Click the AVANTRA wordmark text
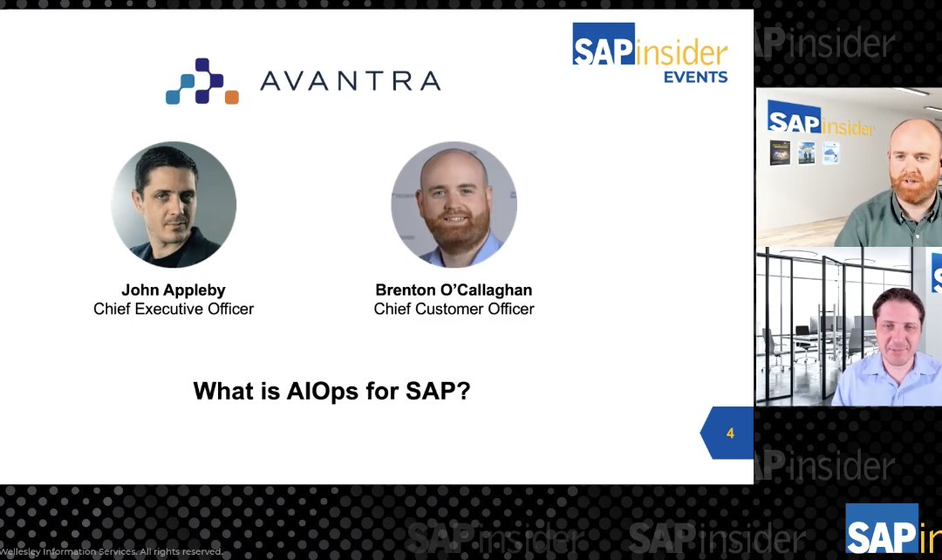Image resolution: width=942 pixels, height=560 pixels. point(350,81)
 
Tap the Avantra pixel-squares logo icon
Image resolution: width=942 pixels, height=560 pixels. point(201,81)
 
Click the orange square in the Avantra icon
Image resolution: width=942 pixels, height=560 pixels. point(231,97)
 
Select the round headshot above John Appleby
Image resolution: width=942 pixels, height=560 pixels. point(174,204)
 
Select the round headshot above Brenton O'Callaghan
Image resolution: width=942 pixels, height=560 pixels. point(454,204)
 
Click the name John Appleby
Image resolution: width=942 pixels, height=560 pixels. point(174,290)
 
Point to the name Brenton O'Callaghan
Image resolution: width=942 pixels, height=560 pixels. point(454,290)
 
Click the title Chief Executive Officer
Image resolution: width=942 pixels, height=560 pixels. point(174,309)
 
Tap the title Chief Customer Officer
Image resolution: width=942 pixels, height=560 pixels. point(454,309)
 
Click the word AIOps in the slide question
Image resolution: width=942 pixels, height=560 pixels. point(322,390)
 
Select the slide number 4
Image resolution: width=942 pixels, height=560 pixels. point(730,434)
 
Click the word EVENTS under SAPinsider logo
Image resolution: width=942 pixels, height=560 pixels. point(695,77)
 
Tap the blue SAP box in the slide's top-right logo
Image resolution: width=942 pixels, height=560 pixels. point(603,44)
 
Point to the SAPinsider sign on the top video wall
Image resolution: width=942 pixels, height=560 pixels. point(820,120)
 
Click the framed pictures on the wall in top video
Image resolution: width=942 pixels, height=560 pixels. point(804,153)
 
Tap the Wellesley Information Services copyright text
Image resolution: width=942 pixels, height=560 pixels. point(111,551)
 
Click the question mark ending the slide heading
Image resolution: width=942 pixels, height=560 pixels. point(463,390)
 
